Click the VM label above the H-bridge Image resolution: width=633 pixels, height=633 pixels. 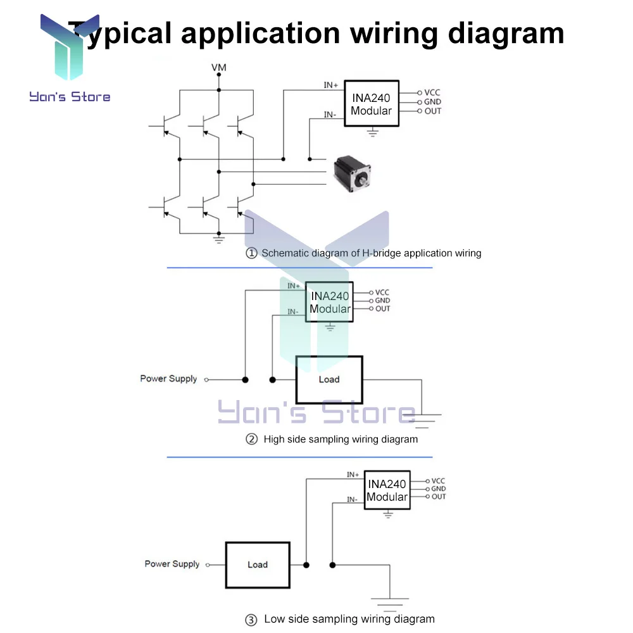[218, 67]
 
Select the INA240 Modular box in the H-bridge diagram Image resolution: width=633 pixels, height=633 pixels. [372, 103]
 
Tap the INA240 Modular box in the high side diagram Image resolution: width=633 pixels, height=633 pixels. [329, 302]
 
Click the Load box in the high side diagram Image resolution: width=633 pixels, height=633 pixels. [329, 380]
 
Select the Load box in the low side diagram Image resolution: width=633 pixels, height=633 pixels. [258, 564]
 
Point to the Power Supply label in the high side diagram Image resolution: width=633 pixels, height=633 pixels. [168, 379]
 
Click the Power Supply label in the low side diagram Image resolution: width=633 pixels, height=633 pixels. [172, 563]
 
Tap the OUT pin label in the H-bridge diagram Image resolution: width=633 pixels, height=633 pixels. [433, 111]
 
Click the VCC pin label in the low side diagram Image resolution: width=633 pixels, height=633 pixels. [439, 481]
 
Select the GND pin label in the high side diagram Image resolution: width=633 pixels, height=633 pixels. [382, 301]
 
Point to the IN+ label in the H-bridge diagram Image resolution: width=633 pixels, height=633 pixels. [331, 85]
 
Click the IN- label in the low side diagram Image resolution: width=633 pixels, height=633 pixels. [353, 499]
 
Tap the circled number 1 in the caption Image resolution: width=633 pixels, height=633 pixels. [251, 253]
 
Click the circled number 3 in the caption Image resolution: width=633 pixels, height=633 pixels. [251, 620]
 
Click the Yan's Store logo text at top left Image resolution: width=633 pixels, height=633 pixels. [70, 97]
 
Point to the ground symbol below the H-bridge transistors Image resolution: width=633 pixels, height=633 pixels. [218, 239]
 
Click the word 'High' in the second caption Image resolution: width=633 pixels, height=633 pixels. [275, 439]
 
